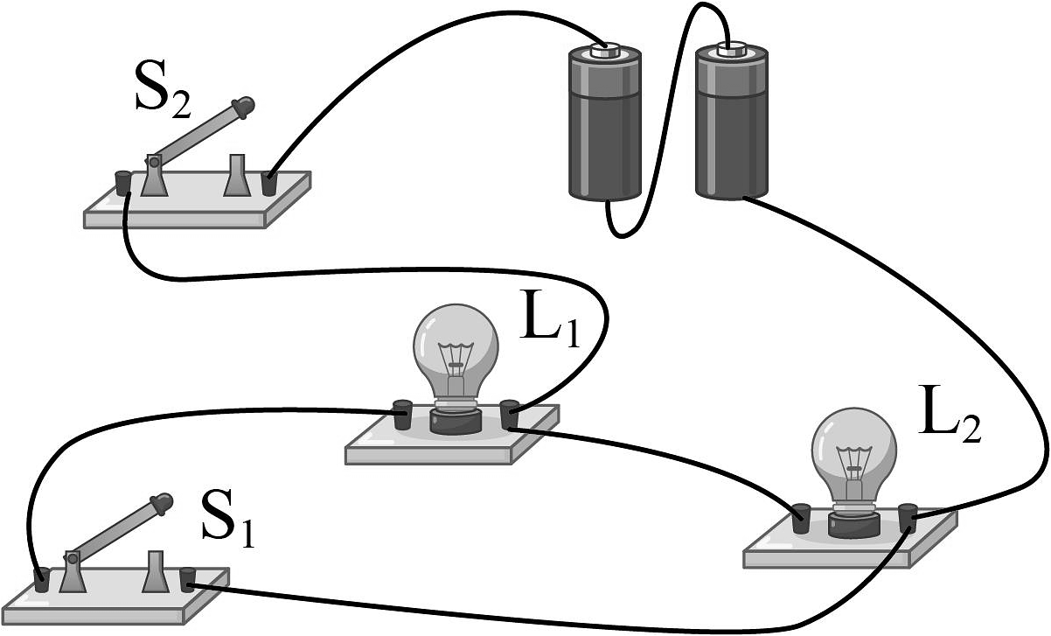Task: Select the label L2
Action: click(950, 423)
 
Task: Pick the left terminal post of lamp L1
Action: click(401, 413)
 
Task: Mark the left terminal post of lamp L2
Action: click(800, 517)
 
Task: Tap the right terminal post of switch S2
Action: click(269, 183)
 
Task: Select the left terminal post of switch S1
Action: click(40, 579)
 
